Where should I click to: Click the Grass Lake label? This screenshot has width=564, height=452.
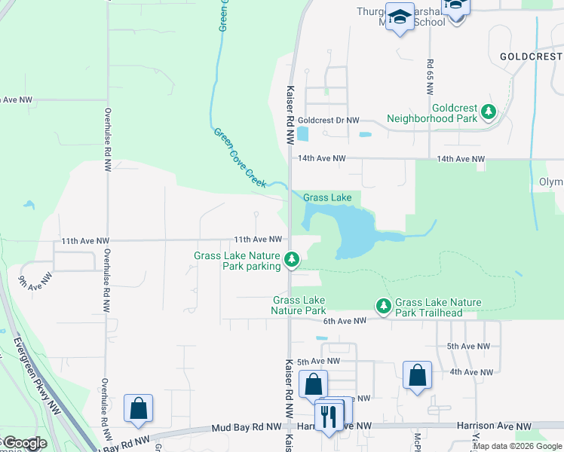point(327,197)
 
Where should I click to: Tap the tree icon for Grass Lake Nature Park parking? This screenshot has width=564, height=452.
point(292,261)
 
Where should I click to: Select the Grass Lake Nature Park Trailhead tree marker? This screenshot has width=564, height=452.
point(384,305)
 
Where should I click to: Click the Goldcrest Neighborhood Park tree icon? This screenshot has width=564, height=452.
point(489,112)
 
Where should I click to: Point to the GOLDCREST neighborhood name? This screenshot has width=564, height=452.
point(531,56)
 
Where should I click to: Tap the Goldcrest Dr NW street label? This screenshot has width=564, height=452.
point(328,120)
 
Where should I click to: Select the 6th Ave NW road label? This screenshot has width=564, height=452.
point(342,320)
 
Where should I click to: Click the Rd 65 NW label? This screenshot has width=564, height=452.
point(429,76)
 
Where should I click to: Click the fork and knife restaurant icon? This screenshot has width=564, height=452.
point(328,417)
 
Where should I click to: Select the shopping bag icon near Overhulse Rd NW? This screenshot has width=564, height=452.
point(138,409)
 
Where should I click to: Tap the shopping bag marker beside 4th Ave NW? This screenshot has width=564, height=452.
point(417,374)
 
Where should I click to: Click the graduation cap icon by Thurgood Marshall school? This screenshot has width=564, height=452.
point(399,17)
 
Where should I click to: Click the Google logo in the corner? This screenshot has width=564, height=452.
point(24,443)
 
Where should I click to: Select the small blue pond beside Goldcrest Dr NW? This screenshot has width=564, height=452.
point(302,134)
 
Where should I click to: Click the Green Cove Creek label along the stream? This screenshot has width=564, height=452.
point(240,157)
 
